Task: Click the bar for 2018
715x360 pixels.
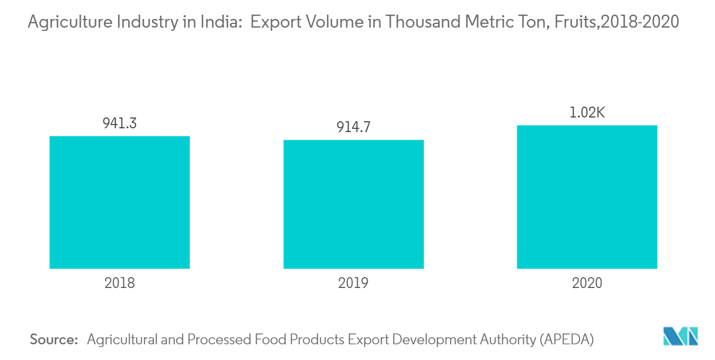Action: point(120,202)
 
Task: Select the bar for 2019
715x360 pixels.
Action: point(353,204)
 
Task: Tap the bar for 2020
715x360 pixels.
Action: point(587,197)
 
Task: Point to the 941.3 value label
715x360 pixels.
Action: point(120,123)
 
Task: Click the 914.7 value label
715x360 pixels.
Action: point(353,127)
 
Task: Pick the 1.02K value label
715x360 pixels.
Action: point(587,113)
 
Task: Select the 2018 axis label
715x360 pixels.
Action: point(120,283)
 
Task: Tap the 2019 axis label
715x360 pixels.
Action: point(353,283)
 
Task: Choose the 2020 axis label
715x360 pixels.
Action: point(587,283)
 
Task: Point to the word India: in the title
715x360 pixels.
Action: point(217,22)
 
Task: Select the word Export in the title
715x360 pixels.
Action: point(274,22)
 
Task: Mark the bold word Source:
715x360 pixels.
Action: point(54,340)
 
